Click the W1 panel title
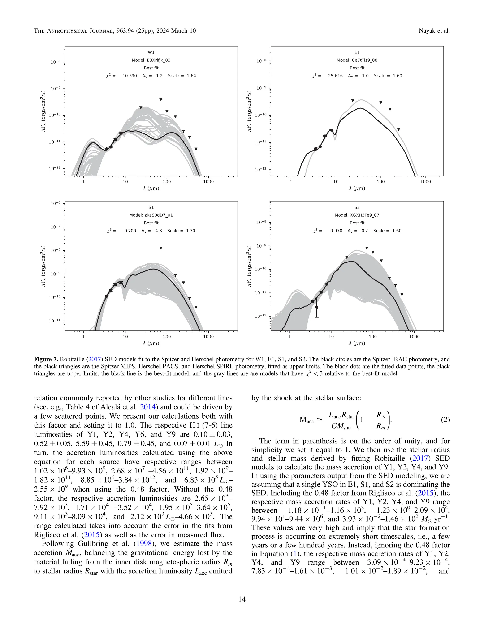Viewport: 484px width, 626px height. [151, 52]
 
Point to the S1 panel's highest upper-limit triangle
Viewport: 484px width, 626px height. [161, 248]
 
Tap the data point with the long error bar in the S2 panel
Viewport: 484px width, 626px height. [316, 307]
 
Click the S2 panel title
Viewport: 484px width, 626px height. [357, 207]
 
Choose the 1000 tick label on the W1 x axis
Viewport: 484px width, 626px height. [208, 182]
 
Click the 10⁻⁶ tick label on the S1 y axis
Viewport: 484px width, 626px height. [55, 203]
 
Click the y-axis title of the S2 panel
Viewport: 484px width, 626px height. [249, 266]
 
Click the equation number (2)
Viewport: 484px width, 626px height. [445, 420]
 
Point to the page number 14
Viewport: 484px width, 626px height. [242, 599]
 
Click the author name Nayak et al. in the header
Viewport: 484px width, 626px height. [434, 31]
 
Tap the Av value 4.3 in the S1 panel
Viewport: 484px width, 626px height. [159, 231]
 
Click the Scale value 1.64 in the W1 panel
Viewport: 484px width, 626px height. [191, 76]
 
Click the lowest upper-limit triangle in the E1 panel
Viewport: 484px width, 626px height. [398, 129]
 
